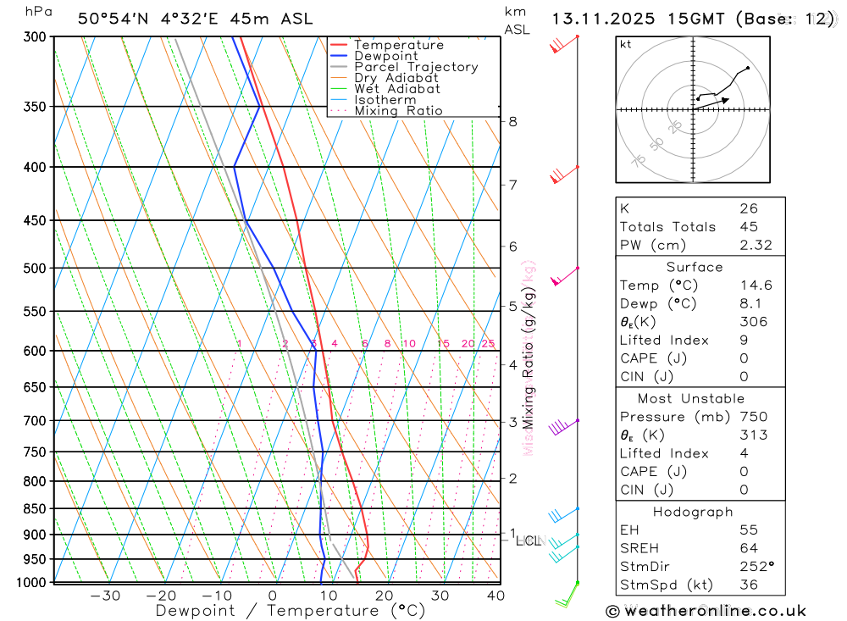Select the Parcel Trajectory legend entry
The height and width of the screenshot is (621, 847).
click(x=416, y=67)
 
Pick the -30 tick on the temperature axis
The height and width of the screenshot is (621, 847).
click(x=105, y=596)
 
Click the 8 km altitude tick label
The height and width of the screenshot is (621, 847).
click(x=512, y=121)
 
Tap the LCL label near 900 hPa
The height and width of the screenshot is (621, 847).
click(x=528, y=541)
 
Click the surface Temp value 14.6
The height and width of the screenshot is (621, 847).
click(x=756, y=286)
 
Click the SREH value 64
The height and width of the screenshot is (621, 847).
click(x=748, y=548)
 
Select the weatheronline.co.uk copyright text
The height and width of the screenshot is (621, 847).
click(x=706, y=611)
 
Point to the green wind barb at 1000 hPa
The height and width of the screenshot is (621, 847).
click(x=566, y=597)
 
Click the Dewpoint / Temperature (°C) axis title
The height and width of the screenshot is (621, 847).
click(x=291, y=611)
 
